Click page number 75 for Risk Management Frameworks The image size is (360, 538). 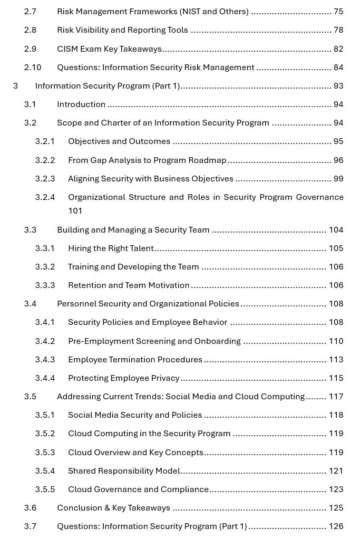[338, 12]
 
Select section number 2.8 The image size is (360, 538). [30, 30]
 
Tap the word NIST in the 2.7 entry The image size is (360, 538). [192, 12]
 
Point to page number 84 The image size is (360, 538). [338, 68]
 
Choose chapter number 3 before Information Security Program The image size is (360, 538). [16, 86]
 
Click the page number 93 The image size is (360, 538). [338, 86]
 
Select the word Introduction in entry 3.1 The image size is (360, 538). [81, 104]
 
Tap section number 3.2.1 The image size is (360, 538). [45, 141]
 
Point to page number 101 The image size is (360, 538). [75, 211]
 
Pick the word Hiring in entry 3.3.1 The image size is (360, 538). [80, 248]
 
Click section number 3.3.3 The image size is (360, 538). [45, 285]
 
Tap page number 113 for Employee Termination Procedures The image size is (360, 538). [336, 360]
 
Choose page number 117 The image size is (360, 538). [336, 397]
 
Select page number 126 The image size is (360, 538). [336, 526]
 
